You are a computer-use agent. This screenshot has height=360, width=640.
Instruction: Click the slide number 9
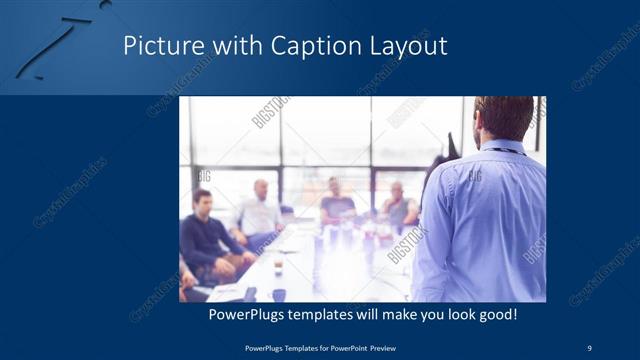click(589, 346)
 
